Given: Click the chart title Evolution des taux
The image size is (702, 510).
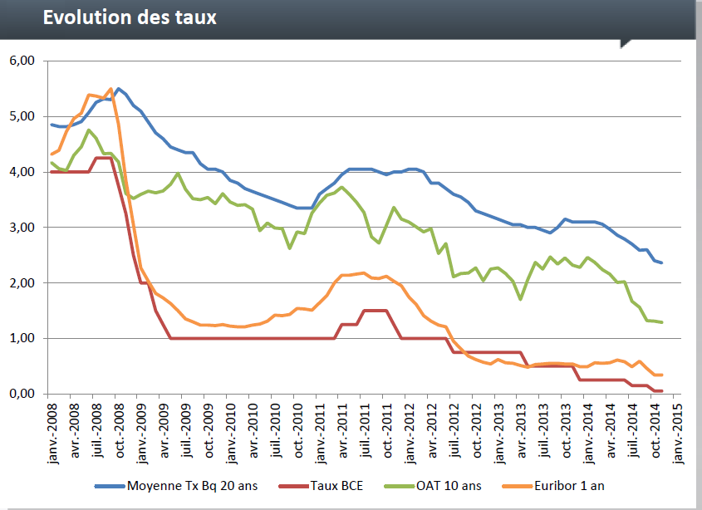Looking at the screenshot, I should [x=130, y=17].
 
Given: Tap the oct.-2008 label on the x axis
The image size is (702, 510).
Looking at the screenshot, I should [x=120, y=431].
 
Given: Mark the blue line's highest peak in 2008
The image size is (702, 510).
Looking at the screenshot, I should [x=118, y=88].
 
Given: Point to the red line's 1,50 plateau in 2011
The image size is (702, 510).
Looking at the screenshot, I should [x=375, y=311].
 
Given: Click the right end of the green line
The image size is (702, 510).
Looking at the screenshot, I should [x=662, y=322].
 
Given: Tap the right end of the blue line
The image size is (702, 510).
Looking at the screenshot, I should [x=662, y=262].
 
